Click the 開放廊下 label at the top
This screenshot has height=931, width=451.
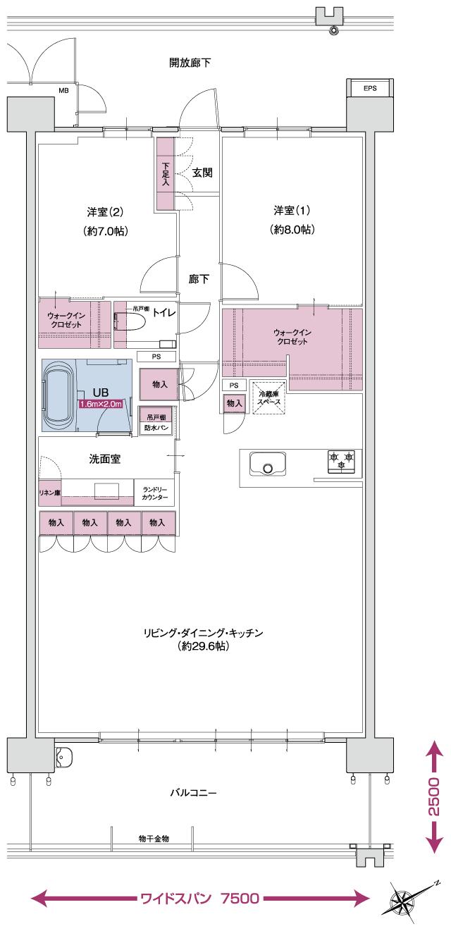(x=190, y=63)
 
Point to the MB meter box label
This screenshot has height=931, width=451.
(x=63, y=90)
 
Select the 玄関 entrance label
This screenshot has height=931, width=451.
(x=202, y=173)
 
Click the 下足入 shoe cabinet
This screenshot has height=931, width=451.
(x=166, y=173)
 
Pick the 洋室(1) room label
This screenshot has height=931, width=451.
(x=292, y=210)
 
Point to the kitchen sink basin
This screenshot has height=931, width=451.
(x=267, y=465)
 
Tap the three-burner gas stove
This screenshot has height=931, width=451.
(x=341, y=461)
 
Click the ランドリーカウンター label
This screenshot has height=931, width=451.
(x=155, y=493)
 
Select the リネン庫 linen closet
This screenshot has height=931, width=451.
(x=49, y=493)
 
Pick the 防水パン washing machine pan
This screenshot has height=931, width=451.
(x=156, y=427)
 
